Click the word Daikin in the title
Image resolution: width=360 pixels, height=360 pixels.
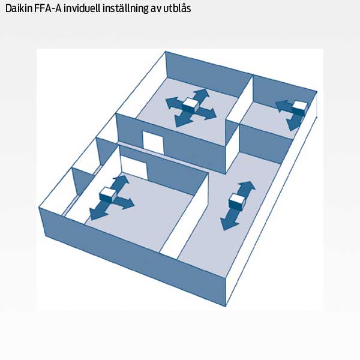pyautogui.click(x=19, y=8)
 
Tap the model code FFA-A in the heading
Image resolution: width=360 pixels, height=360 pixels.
pyautogui.click(x=48, y=8)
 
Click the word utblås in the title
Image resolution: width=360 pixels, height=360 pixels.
pyautogui.click(x=177, y=8)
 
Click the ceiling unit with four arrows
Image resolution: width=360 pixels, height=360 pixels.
pyautogui.click(x=191, y=105)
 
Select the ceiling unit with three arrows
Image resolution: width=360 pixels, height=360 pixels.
pyautogui.click(x=108, y=194)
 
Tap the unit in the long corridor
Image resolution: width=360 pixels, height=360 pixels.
pyautogui.click(x=238, y=202)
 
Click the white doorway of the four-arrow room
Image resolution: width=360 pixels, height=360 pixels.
pyautogui.click(x=153, y=143)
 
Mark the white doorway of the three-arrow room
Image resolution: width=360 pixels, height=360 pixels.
pyautogui.click(x=134, y=164)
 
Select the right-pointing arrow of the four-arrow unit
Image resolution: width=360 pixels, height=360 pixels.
pyautogui.click(x=206, y=113)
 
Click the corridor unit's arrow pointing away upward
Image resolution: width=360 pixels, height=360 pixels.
pyautogui.click(x=245, y=189)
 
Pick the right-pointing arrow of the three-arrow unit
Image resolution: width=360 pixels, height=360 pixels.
pyautogui.click(x=124, y=203)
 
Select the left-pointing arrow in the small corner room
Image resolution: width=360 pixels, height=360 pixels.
pyautogui.click(x=284, y=106)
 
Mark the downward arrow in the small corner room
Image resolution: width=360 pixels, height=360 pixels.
pyautogui.click(x=295, y=122)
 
